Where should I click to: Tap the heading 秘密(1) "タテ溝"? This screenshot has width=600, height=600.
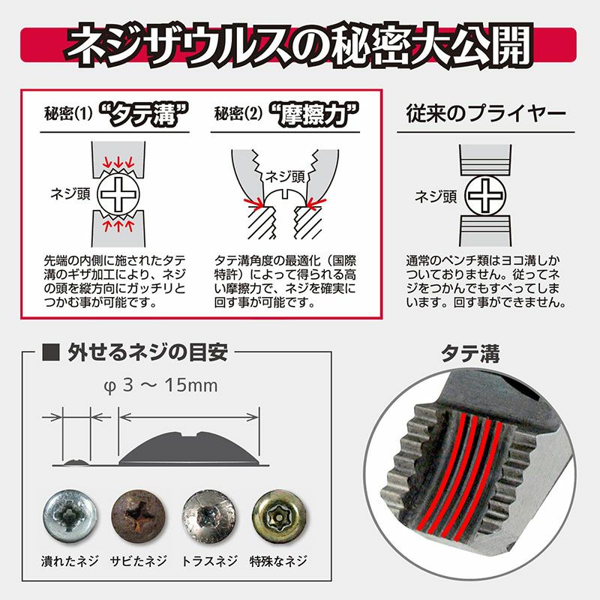(x=117, y=114)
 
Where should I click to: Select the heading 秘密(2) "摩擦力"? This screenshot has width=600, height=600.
(x=286, y=114)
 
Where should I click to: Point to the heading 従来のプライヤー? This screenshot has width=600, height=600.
(x=485, y=114)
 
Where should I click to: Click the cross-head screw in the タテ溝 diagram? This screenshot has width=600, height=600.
(x=118, y=193)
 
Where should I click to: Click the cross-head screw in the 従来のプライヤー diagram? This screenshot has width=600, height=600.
(x=485, y=195)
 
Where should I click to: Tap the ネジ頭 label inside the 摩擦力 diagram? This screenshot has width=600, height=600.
(x=285, y=177)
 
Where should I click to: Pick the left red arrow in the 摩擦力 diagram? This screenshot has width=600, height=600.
(x=253, y=203)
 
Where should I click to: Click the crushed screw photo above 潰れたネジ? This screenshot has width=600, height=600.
(x=70, y=516)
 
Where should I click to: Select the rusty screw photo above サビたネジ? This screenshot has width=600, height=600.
(x=139, y=516)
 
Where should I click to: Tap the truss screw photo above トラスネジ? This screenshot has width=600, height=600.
(x=208, y=516)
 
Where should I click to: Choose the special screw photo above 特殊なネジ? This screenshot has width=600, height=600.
(x=279, y=516)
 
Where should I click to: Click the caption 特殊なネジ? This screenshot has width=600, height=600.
(x=278, y=561)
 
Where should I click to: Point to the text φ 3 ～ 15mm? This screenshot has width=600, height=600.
(x=160, y=385)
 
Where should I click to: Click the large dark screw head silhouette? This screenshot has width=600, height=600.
(x=190, y=448)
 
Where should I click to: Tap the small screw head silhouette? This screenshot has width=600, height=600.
(x=76, y=463)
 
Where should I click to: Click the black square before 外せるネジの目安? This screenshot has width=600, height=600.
(x=51, y=352)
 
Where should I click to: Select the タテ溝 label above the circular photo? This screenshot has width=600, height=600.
(x=470, y=353)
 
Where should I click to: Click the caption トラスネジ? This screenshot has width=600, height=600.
(x=209, y=561)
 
